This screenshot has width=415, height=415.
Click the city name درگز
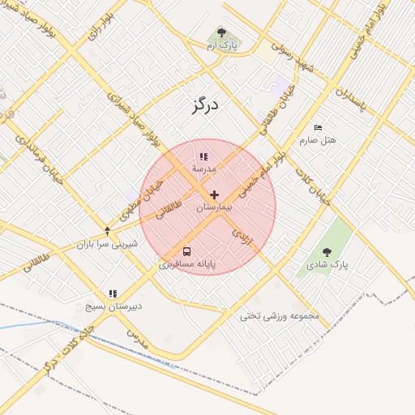[207, 105]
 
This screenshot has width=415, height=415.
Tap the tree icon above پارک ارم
[221, 33]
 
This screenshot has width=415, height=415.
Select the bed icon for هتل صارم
[318, 128]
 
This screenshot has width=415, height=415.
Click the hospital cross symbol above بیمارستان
[214, 195]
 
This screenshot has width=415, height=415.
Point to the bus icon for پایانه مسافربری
[187, 251]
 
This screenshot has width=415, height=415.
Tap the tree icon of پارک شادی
[327, 253]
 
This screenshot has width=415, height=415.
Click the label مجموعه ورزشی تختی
[280, 315]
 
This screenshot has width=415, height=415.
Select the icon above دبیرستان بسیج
[113, 293]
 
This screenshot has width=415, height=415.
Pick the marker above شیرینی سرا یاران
[107, 231]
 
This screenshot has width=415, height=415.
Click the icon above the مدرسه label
[203, 156]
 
